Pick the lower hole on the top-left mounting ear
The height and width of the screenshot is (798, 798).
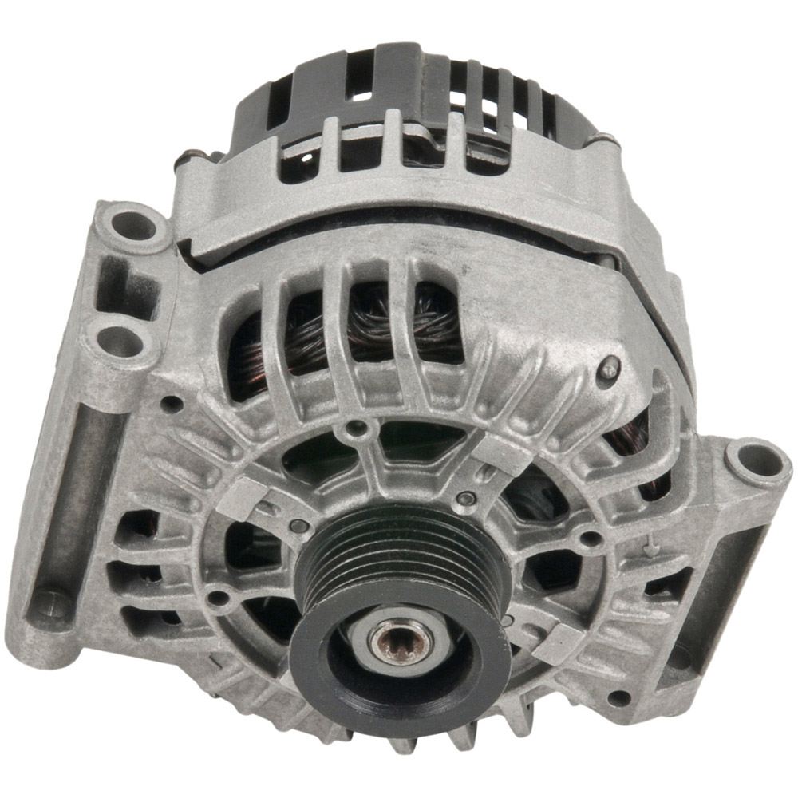[x=120, y=342]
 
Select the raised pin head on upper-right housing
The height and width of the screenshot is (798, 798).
[x=609, y=367]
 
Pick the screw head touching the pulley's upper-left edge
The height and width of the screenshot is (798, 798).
[x=298, y=526]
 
